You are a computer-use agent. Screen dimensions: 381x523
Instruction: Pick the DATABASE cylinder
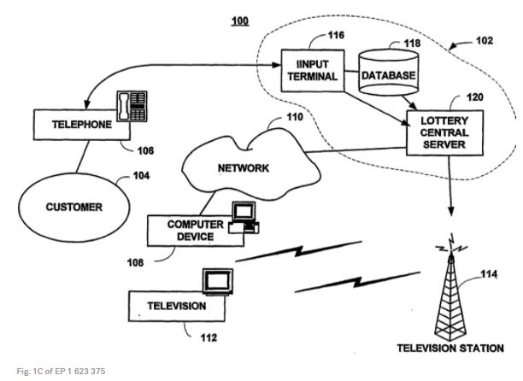388,73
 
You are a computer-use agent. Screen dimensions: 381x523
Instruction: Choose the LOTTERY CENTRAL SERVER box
438,132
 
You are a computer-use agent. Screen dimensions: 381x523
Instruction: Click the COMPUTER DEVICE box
191,231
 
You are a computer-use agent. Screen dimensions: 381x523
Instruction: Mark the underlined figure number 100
240,21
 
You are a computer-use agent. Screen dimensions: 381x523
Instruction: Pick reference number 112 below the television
209,337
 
